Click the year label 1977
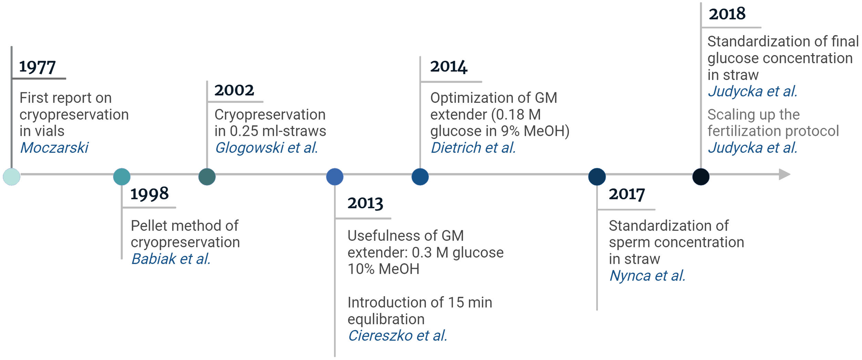tap(37, 67)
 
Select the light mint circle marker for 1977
tap(11, 177)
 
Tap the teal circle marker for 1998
tap(122, 177)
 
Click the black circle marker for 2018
tap(701, 177)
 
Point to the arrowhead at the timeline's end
tap(784, 174)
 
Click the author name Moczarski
tap(54, 148)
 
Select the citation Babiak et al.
tap(171, 259)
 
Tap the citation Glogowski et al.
tap(266, 148)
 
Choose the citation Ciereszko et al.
tap(398, 336)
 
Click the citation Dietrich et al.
tap(473, 148)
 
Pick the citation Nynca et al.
tap(647, 276)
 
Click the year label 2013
tap(365, 203)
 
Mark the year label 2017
tap(627, 194)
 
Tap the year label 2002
tap(234, 90)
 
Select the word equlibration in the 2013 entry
tap(386, 319)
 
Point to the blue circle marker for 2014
tap(420, 177)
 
